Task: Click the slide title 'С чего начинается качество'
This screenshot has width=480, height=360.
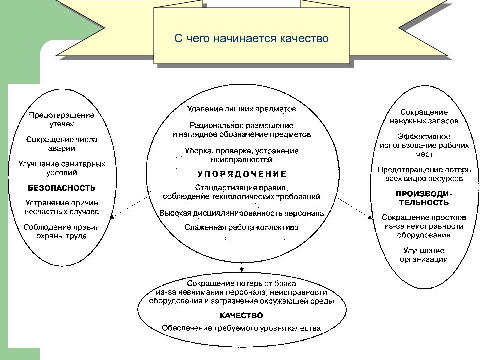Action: click(251, 38)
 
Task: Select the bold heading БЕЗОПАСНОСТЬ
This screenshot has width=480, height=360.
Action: click(62, 188)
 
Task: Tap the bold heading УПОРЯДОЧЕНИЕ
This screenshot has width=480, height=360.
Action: click(242, 174)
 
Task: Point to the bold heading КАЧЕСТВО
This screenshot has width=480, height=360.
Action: click(241, 315)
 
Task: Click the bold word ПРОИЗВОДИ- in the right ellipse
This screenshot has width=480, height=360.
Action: click(424, 194)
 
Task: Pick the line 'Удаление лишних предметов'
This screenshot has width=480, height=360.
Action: click(242, 109)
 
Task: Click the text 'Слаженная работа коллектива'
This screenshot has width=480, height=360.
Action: click(241, 227)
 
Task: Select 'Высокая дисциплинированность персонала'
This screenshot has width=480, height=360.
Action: click(242, 213)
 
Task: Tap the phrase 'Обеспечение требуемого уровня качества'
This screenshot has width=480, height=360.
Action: click(241, 329)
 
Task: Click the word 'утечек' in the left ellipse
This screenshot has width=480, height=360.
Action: click(62, 124)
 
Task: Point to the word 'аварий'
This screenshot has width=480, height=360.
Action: click(62, 149)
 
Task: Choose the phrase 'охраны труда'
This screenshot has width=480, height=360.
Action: click(62, 236)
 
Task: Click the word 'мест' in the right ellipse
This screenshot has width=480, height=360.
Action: click(424, 154)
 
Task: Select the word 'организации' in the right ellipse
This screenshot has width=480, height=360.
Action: click(424, 260)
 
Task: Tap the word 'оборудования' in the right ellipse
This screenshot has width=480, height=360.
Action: click(424, 235)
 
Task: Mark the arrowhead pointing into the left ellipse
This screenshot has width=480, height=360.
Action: click(112, 216)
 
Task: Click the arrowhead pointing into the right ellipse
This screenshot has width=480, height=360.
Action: click(370, 217)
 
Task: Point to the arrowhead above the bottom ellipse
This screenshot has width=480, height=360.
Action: click(242, 270)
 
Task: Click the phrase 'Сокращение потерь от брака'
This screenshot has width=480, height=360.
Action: click(241, 284)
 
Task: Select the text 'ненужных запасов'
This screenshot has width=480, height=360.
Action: click(424, 121)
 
